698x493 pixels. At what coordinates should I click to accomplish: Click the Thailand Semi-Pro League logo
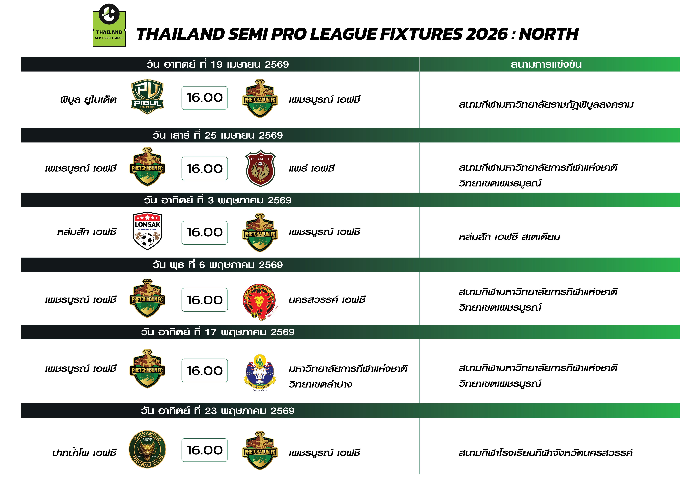coord(109,25)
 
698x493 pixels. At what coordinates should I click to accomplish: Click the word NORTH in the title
coord(548,34)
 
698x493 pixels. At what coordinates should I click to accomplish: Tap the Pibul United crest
coord(147,97)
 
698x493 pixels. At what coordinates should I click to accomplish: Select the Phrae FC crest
coord(260,168)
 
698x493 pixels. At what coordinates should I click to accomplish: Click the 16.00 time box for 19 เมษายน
coord(205,98)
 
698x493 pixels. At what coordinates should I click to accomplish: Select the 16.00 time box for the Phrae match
coord(205,168)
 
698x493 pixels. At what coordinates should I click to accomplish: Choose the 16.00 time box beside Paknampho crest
coord(205,450)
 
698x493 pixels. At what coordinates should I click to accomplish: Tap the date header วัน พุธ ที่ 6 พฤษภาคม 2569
coord(218,265)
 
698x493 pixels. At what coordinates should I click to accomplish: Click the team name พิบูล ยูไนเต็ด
coord(89,99)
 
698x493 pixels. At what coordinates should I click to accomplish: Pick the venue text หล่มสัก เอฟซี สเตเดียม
coord(509,237)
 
